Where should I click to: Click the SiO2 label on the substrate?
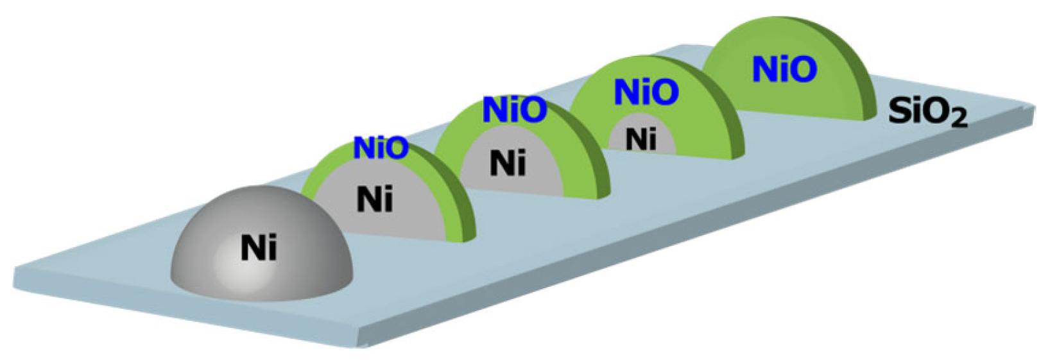coord(927,113)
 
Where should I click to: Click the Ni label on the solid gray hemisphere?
coord(259,248)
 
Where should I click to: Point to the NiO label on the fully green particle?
coord(784,69)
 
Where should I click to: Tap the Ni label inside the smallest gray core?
coord(641,139)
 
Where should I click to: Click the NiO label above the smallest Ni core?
coord(646,92)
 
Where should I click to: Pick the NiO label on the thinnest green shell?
coord(381,148)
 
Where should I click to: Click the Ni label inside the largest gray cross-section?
coord(374,200)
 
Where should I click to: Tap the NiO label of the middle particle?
coord(514,110)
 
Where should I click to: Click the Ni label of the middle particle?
coord(508,163)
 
